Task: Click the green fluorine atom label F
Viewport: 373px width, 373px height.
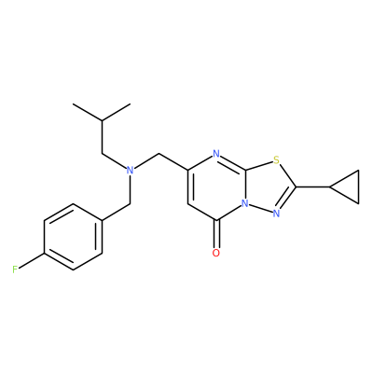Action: coord(15,269)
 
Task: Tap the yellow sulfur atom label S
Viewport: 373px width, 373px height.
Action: coord(276,160)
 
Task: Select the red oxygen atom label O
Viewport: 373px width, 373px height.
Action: coord(216,253)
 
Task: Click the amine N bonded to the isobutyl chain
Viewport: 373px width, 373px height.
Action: coord(131,170)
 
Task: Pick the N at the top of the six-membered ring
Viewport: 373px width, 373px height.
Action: coord(216,154)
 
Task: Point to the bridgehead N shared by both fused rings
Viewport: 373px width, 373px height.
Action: coord(245,203)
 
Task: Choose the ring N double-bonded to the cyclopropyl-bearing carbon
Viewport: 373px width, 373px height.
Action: coord(276,214)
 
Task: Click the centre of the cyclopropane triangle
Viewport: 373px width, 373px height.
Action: coord(349,186)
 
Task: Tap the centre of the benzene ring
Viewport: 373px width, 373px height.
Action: coord(73,237)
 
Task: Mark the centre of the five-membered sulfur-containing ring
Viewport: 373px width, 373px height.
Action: coord(268,186)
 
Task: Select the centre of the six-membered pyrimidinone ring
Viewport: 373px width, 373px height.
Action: coord(216,186)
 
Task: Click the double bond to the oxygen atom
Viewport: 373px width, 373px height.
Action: coord(216,234)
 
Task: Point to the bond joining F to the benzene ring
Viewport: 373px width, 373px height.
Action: coord(31,260)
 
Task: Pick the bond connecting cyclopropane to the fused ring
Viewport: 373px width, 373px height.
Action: coord(312,186)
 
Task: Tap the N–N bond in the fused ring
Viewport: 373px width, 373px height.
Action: coord(261,209)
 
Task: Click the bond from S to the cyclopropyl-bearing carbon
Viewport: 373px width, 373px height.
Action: coord(287,175)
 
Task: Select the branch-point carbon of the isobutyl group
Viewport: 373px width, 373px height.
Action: coord(102,120)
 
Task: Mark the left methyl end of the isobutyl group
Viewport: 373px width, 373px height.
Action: coord(74,104)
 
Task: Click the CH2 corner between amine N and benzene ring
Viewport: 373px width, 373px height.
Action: coord(131,204)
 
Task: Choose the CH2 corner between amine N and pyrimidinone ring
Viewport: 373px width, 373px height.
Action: coord(159,154)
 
